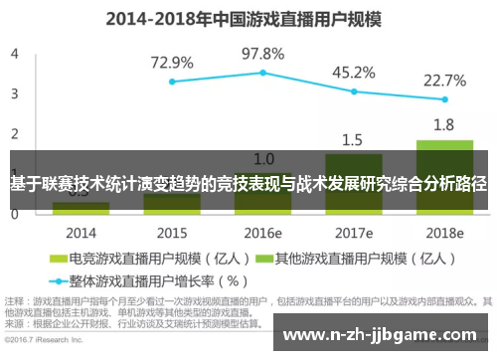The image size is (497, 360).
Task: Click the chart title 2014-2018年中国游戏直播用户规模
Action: pos(248,17)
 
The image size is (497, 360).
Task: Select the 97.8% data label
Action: pos(263,53)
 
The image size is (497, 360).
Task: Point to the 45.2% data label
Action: pos(354,72)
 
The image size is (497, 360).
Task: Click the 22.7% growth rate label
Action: pos(445,80)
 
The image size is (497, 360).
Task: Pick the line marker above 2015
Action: pos(172,82)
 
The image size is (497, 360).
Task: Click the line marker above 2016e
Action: pos(263,73)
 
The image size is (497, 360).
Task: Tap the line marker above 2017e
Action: pos(354,91)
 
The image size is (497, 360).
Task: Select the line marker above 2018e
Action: pos(444,99)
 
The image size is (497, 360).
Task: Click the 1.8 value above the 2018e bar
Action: pos(444,124)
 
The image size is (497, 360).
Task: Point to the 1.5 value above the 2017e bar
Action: pos(354,138)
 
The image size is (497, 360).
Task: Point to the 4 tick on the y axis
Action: pos(15,54)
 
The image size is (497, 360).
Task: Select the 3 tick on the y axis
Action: pos(15,93)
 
